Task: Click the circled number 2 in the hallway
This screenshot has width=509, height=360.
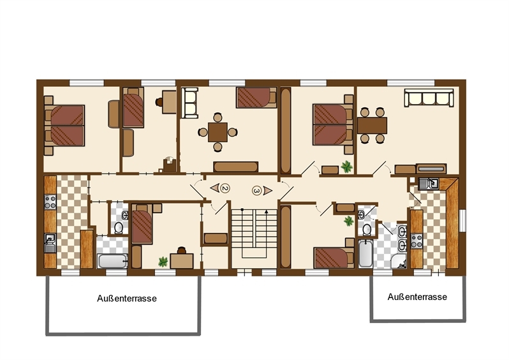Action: pos(224,188)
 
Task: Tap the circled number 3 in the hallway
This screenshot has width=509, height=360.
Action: pos(257,190)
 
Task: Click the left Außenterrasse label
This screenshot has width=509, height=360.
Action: pos(127,298)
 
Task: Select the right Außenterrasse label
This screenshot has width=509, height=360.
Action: pos(417,297)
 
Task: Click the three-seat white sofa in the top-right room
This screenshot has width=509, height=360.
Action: pos(428,98)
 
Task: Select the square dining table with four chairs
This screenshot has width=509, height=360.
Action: pos(218,132)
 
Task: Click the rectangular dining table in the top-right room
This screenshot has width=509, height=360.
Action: pos(372,125)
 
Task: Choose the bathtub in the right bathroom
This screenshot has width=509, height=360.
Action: pos(366,253)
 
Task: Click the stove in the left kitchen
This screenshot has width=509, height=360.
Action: pos(50,203)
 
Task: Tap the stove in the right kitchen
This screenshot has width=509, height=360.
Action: pos(417,241)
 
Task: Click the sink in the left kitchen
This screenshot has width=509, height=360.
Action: pos(50,241)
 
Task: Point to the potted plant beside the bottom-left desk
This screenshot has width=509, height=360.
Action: pos(163,260)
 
